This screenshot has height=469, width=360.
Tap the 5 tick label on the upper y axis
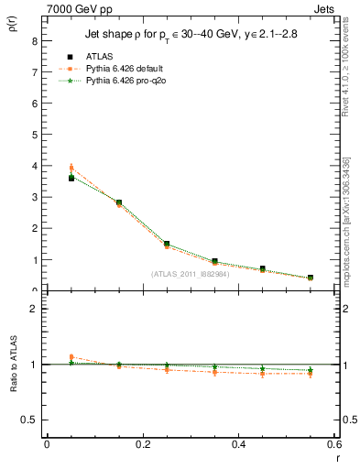click(34, 135)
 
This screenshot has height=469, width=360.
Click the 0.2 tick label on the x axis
click(142, 444)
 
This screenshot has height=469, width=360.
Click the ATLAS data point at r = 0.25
click(167, 245)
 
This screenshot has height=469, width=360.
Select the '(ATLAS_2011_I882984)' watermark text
click(191, 273)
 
